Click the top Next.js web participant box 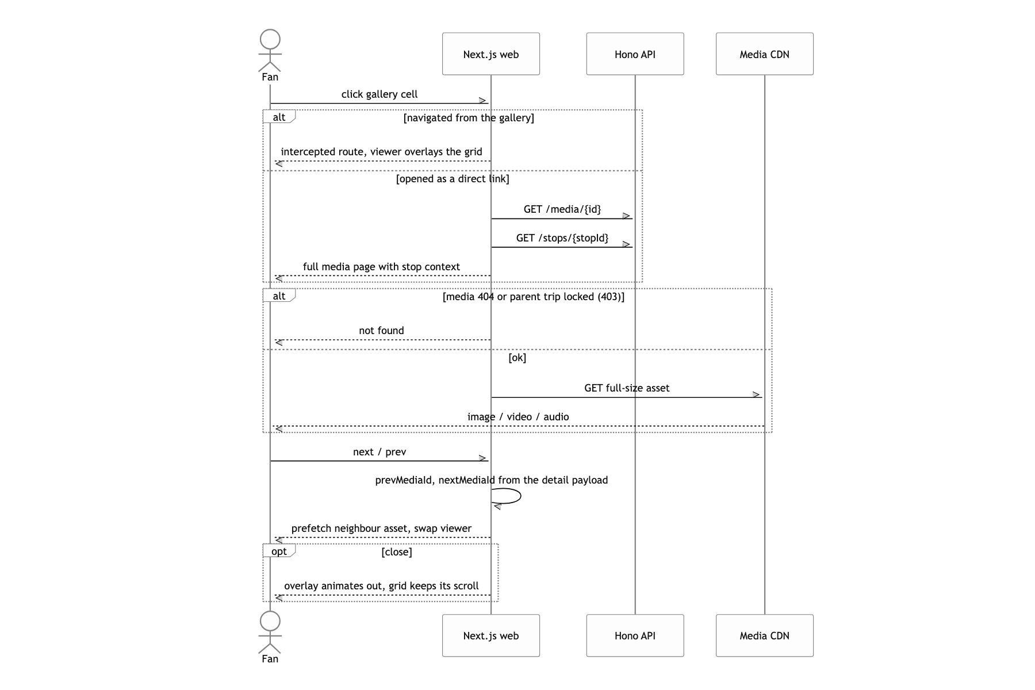[491, 54]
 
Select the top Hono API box [635, 54]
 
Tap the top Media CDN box [764, 54]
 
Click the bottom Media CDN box [764, 635]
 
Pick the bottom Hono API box [635, 635]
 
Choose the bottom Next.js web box [491, 635]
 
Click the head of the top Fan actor [270, 40]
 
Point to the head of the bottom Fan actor [270, 621]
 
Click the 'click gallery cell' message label [379, 94]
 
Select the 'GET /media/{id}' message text [562, 209]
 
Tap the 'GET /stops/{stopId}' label [562, 238]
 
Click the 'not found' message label [381, 331]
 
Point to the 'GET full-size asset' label [627, 388]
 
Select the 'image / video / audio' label [518, 417]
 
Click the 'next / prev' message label [379, 452]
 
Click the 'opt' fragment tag [279, 551]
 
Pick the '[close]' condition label [397, 552]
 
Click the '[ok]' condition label [517, 358]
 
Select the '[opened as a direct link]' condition [453, 179]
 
